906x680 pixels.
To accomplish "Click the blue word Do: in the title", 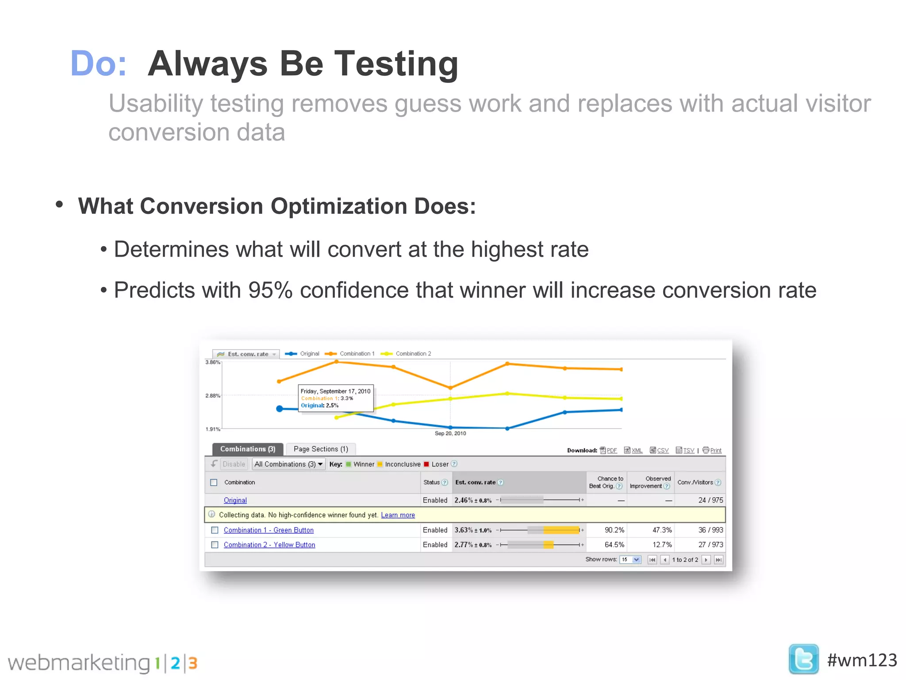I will tap(98, 64).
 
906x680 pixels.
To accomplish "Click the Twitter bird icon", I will tap(803, 659).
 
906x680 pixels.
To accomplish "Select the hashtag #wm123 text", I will tap(862, 660).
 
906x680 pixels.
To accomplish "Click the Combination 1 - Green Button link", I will tap(269, 530).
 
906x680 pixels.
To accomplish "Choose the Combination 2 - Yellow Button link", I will tap(269, 545).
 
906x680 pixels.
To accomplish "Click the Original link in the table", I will tap(235, 500).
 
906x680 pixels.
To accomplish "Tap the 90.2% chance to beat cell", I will tap(614, 530).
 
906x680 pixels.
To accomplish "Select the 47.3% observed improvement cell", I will tap(662, 530).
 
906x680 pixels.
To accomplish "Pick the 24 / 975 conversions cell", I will tap(710, 500).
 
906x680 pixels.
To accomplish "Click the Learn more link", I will tap(398, 515).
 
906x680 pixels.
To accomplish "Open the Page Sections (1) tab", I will tap(321, 449).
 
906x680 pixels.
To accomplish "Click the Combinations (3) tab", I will tap(248, 449).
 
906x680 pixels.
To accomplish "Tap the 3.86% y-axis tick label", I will tap(212, 362).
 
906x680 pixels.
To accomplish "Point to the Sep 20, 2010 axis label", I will tap(450, 433).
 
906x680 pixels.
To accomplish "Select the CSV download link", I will tap(662, 450).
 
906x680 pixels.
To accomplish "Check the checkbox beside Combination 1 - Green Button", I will tap(215, 530).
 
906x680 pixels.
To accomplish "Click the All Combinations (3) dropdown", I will tap(288, 464).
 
